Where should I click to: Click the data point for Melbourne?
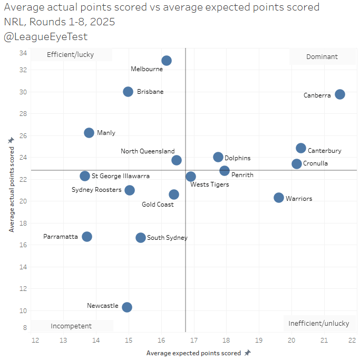167,61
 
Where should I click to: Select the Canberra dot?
340,94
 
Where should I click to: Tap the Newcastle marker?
127,307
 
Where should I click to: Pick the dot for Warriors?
279,198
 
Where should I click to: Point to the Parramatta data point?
87,237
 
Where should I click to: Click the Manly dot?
89,133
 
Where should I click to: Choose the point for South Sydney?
141,238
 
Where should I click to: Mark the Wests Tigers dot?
191,177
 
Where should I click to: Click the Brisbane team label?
150,92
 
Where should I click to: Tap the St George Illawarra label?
121,176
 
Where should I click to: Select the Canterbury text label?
325,151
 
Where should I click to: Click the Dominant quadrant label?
322,57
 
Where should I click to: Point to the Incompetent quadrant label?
71,326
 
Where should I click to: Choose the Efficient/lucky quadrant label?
71,55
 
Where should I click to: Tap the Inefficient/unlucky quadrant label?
319,323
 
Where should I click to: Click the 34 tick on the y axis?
23,53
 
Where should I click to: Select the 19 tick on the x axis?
259,340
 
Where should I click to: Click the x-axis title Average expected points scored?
194,353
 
